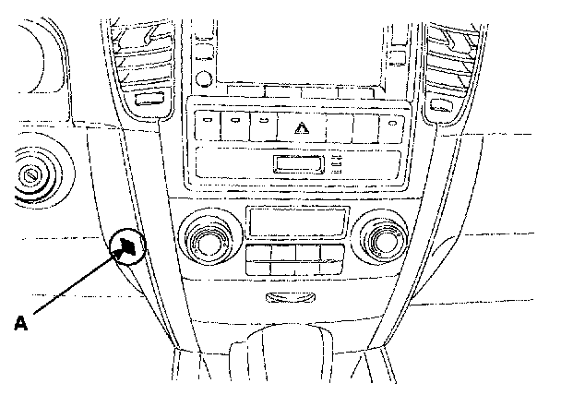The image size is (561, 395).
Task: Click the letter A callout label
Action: (20, 323)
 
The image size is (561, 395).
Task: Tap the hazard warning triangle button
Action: (302, 127)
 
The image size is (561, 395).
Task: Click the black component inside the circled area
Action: (127, 245)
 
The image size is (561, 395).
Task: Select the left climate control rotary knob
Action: (206, 238)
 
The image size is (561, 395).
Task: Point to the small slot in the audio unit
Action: (298, 164)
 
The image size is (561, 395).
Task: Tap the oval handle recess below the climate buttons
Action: (290, 296)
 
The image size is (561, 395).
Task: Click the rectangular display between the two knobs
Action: (298, 221)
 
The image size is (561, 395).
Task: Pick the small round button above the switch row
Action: (204, 78)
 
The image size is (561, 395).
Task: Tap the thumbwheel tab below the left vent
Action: (149, 99)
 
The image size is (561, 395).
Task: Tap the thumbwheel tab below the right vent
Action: (441, 105)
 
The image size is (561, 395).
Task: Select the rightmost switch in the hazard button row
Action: (392, 128)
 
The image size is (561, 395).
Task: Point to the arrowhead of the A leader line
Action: (120, 250)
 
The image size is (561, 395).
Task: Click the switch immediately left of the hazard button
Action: (264, 126)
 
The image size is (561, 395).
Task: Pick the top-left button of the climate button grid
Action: (258, 252)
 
